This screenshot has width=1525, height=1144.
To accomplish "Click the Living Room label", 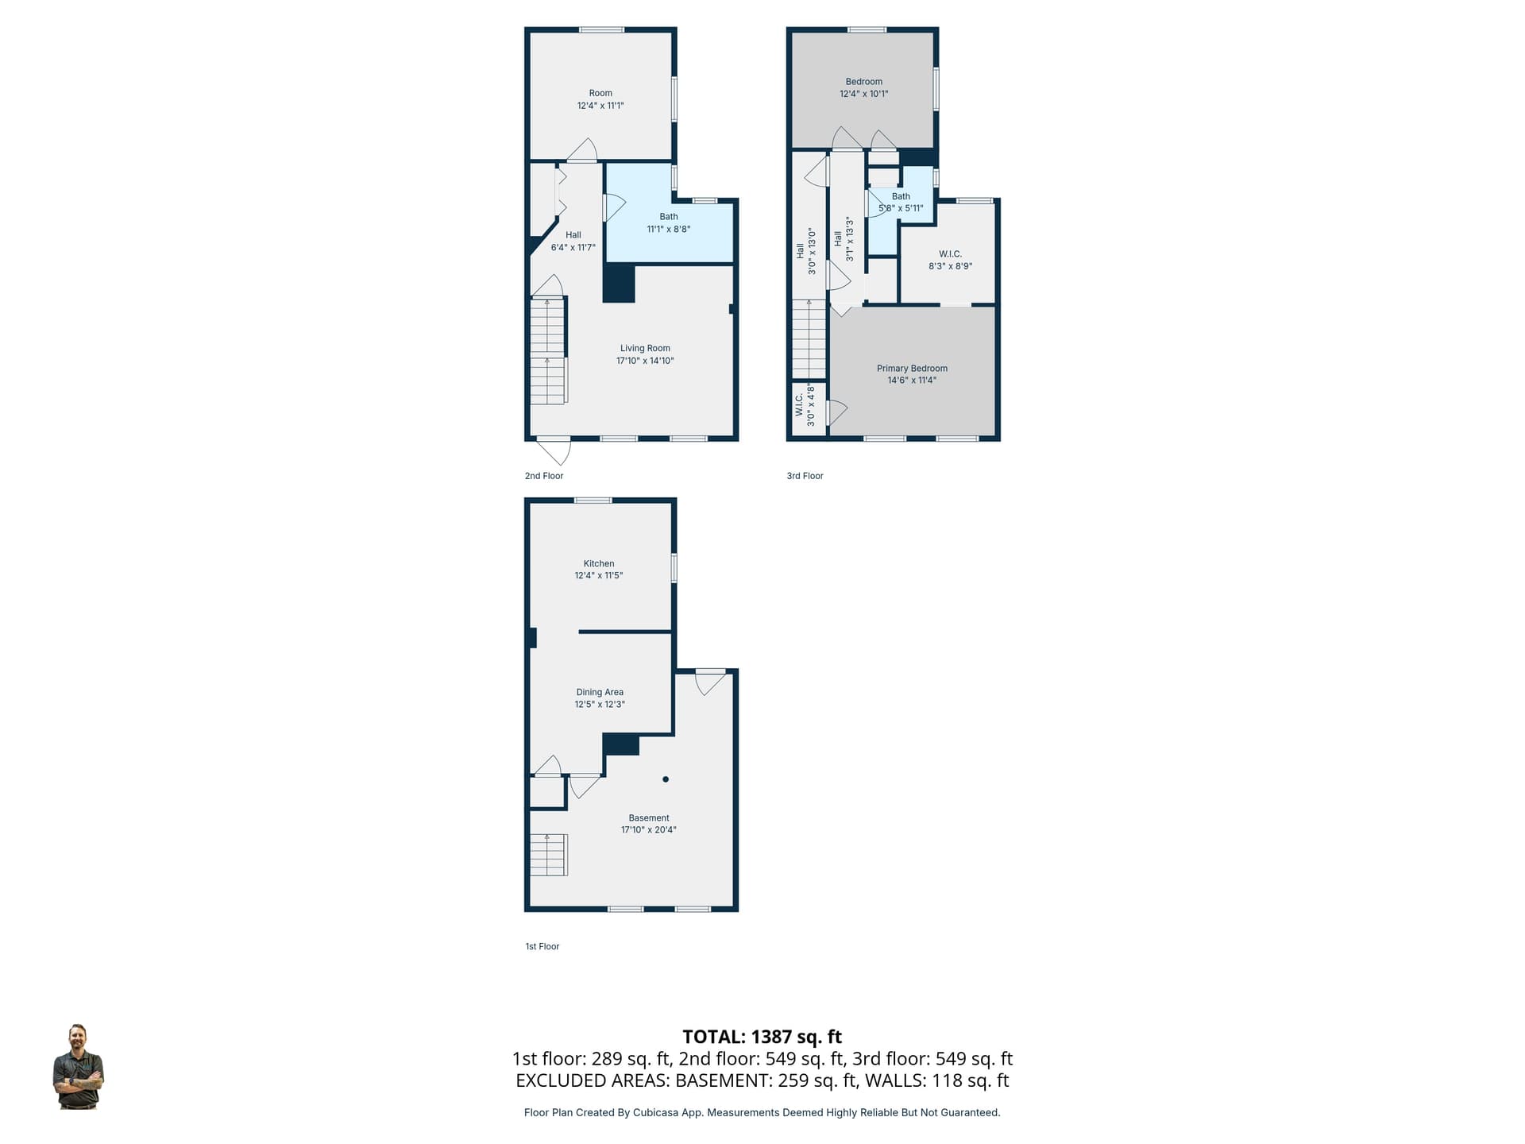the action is [645, 348].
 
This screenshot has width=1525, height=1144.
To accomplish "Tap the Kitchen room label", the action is [599, 563].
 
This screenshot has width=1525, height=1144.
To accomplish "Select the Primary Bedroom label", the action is [912, 369].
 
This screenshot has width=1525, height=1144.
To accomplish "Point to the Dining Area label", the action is [600, 692].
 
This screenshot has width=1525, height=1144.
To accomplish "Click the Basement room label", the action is [649, 817].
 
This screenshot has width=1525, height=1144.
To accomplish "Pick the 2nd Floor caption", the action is [544, 476].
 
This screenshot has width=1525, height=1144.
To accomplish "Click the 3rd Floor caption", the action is [805, 476].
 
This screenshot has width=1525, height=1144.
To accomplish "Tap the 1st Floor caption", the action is [542, 946].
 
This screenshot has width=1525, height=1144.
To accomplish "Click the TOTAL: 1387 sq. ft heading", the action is [762, 1037].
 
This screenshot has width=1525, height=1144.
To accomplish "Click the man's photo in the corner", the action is [78, 1067].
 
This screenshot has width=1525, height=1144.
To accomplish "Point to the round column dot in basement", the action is [666, 779].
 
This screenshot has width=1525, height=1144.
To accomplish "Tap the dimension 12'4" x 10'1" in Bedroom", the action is [864, 94].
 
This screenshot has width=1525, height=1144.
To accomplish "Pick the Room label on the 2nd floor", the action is [600, 93].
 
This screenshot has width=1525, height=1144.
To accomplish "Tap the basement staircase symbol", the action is [549, 855].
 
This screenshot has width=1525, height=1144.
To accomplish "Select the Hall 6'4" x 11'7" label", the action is [573, 241].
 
